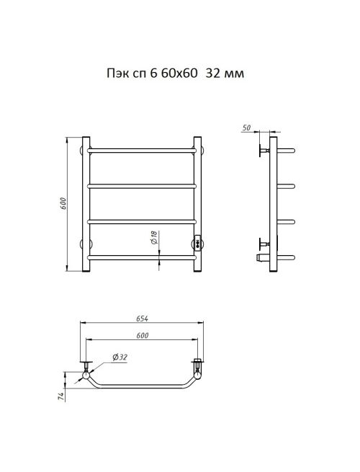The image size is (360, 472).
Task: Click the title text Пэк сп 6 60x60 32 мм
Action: coord(176,74)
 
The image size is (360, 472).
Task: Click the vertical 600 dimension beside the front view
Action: coord(63,204)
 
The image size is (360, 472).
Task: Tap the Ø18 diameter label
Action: coord(154,238)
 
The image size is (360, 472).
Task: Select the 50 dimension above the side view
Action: coord(246,128)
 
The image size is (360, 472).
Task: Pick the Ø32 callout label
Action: coord(120,357)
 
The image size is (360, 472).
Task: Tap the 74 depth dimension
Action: coord(62,397)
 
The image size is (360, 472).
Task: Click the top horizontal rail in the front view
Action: coord(142,150)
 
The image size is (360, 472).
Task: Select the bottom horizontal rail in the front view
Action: coord(142,257)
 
